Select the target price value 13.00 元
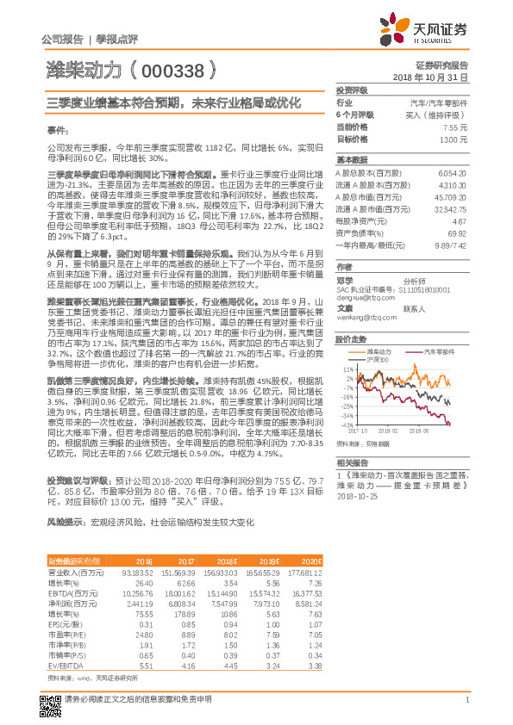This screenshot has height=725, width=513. click(x=454, y=139)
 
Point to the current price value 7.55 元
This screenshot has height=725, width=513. click(x=455, y=127)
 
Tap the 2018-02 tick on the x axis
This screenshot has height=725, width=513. click(x=388, y=431)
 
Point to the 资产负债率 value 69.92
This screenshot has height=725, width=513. click(x=457, y=233)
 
